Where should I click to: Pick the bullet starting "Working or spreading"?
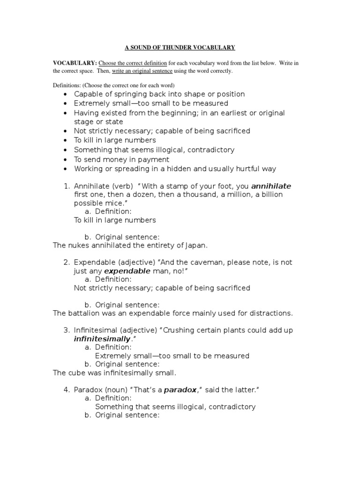click(x=175, y=169)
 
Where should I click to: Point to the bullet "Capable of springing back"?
click(x=159, y=94)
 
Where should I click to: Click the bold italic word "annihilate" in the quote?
click(x=271, y=186)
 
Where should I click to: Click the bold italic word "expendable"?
click(x=127, y=271)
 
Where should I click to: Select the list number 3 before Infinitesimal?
click(x=66, y=330)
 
